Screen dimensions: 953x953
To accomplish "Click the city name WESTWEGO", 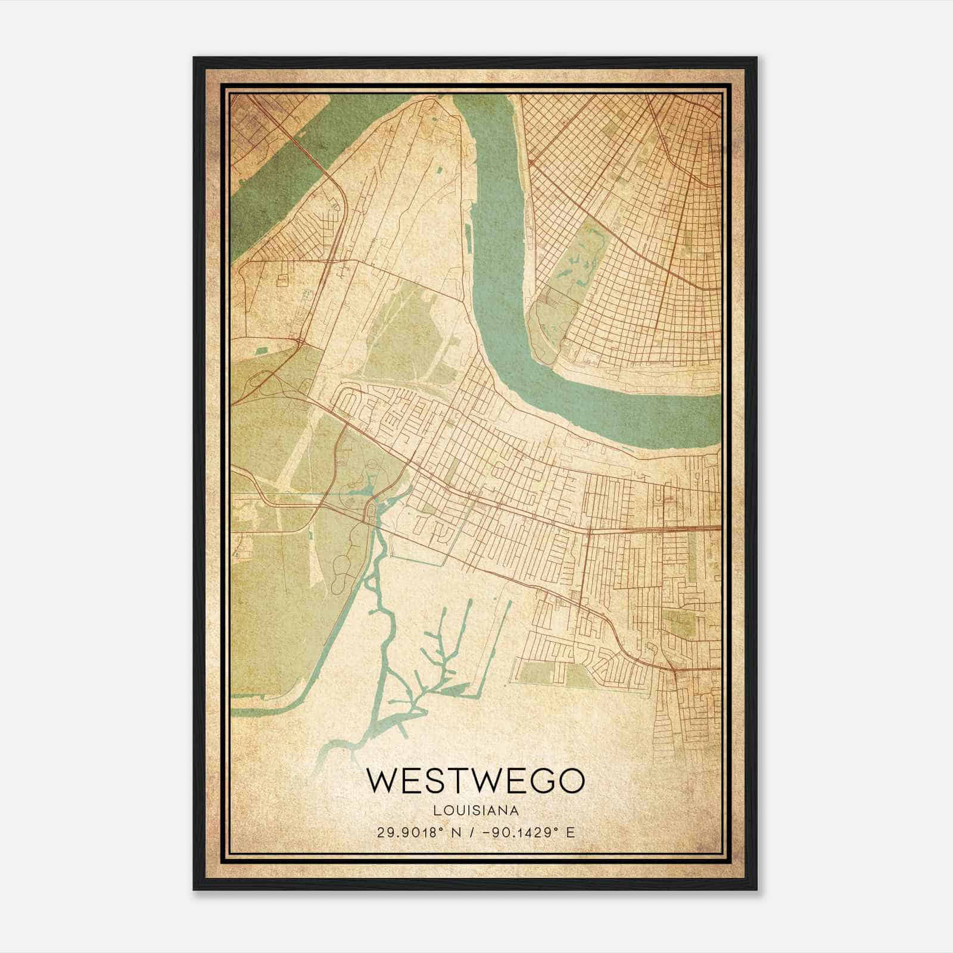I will click(x=475, y=781).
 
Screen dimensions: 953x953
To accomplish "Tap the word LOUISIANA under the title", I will click(x=475, y=810).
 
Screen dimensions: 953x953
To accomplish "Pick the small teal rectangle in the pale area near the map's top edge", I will click(x=440, y=171).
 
